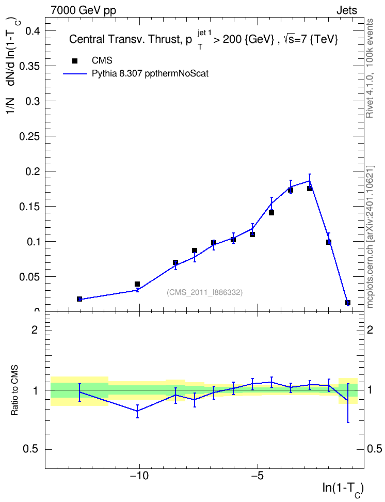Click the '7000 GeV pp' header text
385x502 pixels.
click(x=83, y=10)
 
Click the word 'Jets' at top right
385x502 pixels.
click(x=347, y=10)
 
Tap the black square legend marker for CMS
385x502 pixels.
click(x=74, y=61)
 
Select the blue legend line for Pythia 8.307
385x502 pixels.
click(x=75, y=74)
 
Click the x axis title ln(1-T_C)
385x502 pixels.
click(x=343, y=489)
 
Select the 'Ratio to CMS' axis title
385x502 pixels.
click(x=14, y=390)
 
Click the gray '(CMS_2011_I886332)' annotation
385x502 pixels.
click(x=204, y=292)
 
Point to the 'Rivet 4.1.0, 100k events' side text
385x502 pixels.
click(x=370, y=68)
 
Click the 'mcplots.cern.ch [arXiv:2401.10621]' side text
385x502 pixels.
click(x=370, y=237)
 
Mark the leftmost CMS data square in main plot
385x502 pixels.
click(x=79, y=299)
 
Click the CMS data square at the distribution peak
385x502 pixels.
click(x=310, y=188)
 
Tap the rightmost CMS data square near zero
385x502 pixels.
click(x=348, y=303)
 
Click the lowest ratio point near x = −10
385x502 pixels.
click(x=137, y=411)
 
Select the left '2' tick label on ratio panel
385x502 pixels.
click(x=35, y=330)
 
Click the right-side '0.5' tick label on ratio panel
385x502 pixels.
click(x=374, y=449)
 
